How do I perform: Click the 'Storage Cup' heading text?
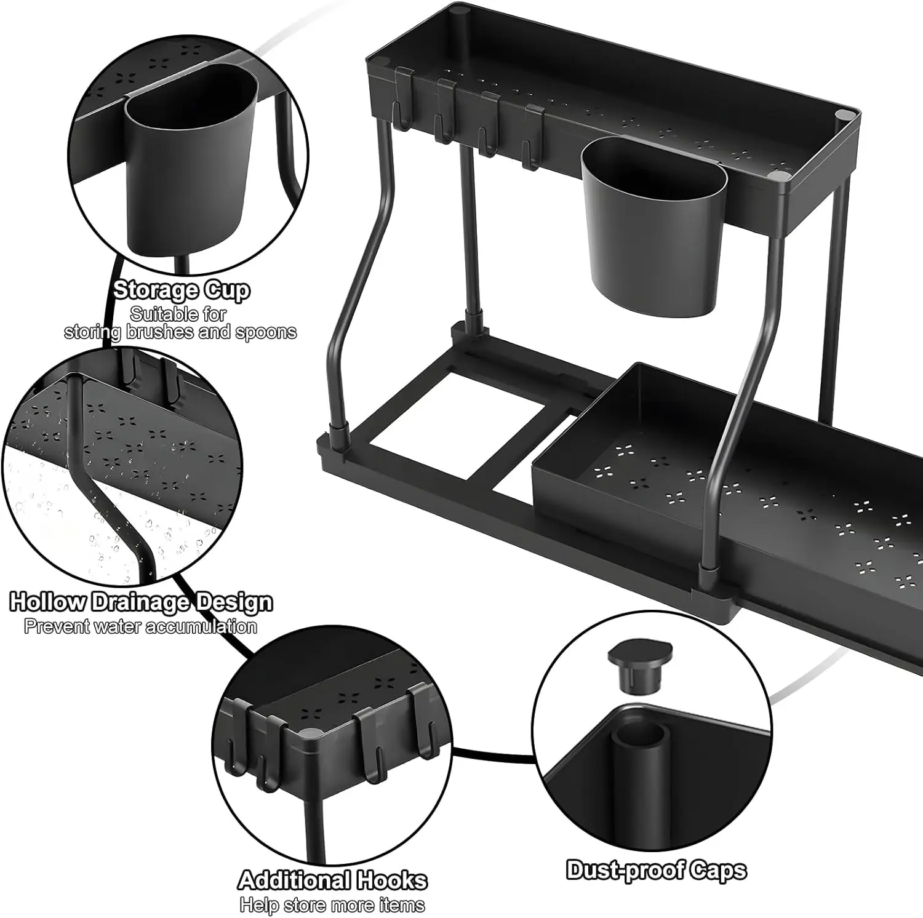[181, 290]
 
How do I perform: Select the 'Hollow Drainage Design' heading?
[141, 602]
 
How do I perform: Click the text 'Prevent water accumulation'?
[140, 627]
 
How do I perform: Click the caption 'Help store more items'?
[332, 905]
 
